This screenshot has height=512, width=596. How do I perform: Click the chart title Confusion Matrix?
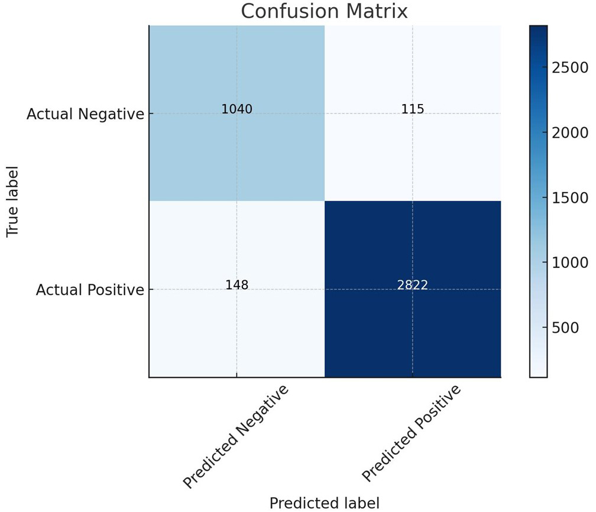324,11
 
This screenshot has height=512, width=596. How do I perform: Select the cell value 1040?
237,109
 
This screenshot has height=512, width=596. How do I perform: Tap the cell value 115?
412,109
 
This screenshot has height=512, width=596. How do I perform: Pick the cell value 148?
237,285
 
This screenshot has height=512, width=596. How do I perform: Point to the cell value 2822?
412,285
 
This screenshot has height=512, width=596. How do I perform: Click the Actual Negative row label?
85,114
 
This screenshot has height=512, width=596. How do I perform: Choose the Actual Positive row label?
90,290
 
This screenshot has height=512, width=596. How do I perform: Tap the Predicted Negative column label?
237,438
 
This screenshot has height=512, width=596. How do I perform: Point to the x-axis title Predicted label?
324,503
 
